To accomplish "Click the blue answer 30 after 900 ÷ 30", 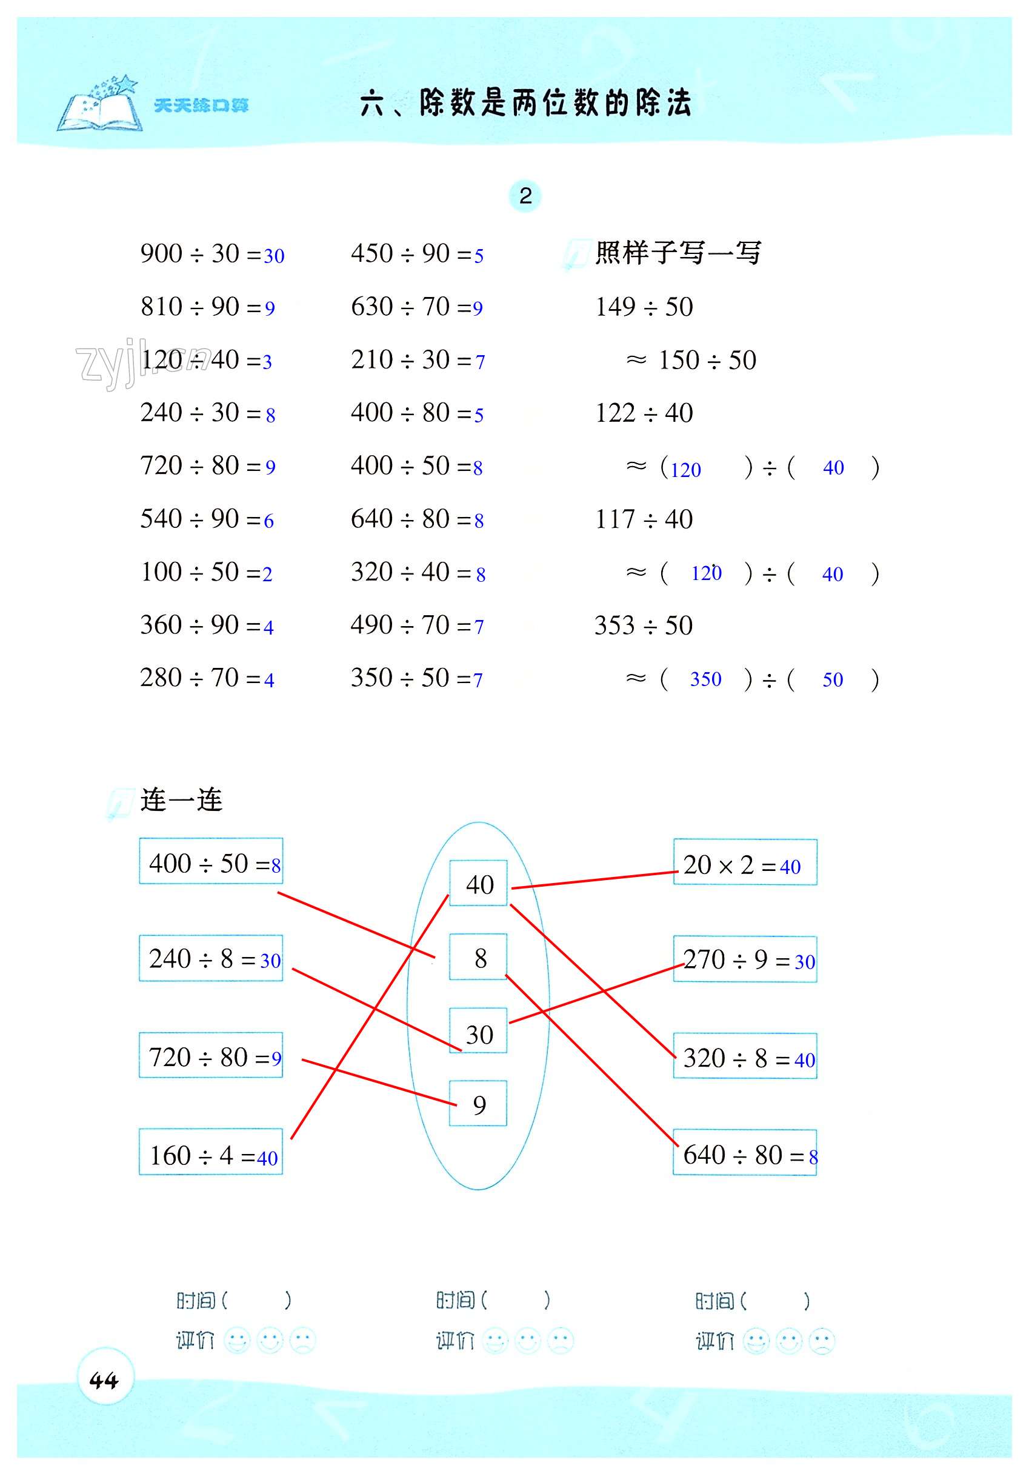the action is click(274, 256).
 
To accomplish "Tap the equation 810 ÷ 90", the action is click(199, 307).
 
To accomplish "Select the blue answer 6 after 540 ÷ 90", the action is click(269, 521).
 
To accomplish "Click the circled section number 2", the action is click(525, 196).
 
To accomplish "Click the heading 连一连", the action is click(181, 801).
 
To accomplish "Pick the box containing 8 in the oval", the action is click(478, 958).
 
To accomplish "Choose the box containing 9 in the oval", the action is click(478, 1105).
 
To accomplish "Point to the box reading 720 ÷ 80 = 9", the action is click(210, 1058).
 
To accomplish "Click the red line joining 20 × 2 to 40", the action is click(594, 880).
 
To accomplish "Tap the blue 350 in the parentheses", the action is click(705, 679).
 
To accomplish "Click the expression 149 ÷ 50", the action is click(644, 307).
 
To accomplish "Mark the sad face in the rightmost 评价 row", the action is click(822, 1342).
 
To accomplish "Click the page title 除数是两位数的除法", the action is click(554, 102).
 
